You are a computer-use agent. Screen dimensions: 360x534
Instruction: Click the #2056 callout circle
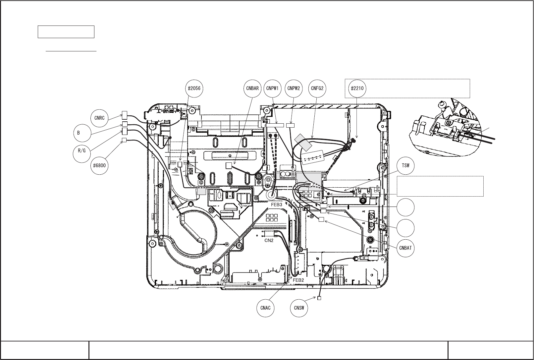194,89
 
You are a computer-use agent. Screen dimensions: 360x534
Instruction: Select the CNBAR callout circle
252,89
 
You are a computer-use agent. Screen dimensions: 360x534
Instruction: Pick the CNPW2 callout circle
294,89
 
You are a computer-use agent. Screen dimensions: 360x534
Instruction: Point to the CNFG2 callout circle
317,89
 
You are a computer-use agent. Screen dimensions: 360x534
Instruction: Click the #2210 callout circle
357,89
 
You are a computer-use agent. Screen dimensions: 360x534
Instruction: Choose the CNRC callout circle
99,118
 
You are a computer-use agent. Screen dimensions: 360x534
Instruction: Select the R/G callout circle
81,151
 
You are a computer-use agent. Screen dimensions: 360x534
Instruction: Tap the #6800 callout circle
99,165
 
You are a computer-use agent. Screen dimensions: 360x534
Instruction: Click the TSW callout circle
405,165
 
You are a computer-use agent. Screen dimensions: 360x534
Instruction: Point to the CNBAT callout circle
405,248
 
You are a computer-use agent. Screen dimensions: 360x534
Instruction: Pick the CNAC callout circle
265,308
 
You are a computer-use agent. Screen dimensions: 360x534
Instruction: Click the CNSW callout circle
299,308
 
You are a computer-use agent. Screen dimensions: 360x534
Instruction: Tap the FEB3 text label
276,205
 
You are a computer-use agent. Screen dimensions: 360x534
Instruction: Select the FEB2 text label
298,280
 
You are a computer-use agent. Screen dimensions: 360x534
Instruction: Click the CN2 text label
269,241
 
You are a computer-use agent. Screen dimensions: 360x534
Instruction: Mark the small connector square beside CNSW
319,298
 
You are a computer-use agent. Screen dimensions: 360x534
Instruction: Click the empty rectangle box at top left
66,32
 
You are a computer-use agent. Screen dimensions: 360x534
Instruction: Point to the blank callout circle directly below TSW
405,207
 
